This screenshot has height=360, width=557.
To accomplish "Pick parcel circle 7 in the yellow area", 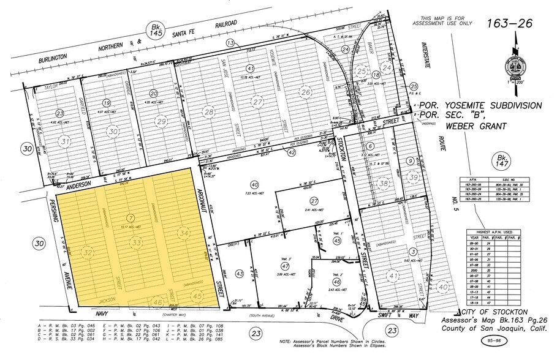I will point(130,218).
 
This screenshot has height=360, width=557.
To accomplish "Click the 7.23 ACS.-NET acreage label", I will point(254,192).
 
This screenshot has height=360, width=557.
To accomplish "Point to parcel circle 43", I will point(240,273).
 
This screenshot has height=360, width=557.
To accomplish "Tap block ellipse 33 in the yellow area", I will point(136,243).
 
